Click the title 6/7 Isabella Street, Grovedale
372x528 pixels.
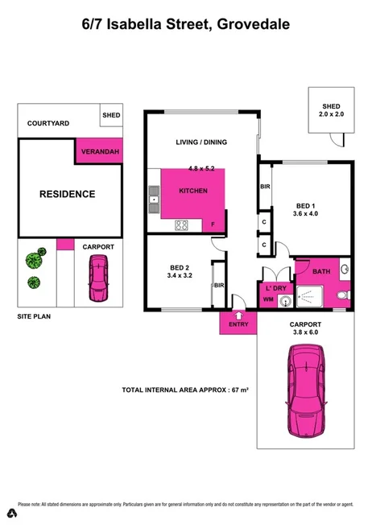186,25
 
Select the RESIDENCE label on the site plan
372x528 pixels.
68,194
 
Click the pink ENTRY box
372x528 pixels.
238,324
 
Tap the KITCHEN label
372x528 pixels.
193,191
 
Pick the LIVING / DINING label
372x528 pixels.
201,142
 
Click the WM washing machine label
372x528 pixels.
268,300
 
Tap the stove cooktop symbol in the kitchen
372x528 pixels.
182,225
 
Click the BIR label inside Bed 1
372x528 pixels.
265,187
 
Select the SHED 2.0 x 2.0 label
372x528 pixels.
332,110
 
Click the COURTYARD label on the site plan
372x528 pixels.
48,123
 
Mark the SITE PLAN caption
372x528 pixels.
35,317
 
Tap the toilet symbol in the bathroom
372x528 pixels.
344,296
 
